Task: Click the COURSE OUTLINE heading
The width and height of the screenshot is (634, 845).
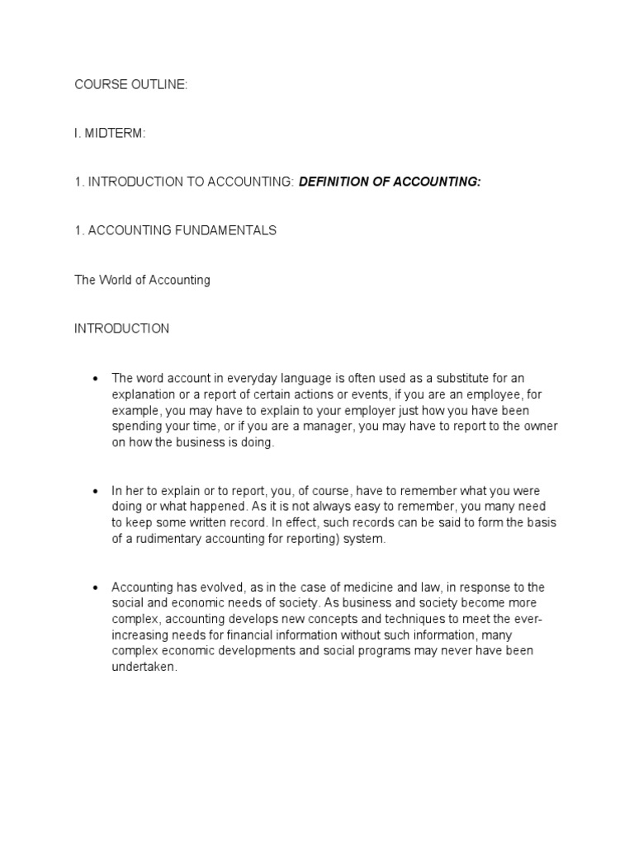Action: click(131, 85)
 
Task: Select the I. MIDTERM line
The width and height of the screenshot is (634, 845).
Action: click(110, 134)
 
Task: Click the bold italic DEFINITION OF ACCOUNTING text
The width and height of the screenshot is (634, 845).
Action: click(389, 182)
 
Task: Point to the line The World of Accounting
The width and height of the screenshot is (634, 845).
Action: click(142, 280)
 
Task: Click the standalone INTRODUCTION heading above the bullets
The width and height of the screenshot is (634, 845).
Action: click(122, 328)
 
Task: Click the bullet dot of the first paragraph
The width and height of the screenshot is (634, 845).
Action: click(96, 379)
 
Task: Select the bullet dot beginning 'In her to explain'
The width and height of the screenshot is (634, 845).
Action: click(96, 492)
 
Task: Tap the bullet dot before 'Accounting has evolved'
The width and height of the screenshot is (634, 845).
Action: click(96, 588)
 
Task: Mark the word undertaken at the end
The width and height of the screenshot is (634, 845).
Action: click(144, 668)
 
